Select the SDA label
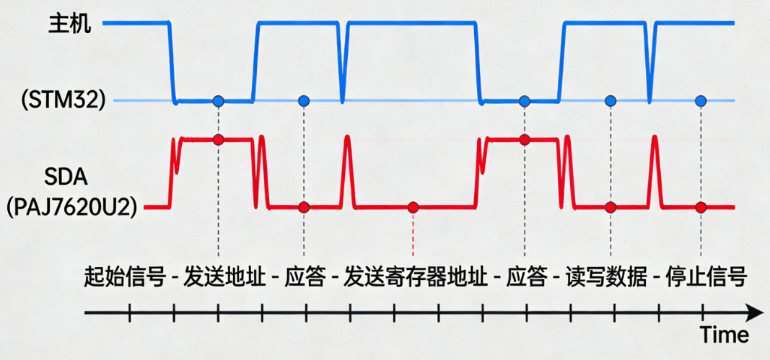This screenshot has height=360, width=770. tap(64, 176)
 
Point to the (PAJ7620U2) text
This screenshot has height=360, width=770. tap(72, 207)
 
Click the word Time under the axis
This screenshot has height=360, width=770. tap(724, 335)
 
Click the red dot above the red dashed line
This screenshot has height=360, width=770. tap(413, 208)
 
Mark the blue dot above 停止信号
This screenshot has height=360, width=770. tap(699, 100)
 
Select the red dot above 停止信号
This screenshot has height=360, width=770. tap(700, 208)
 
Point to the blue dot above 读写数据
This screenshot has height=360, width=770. tap(611, 100)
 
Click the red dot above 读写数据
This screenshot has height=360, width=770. tap(611, 208)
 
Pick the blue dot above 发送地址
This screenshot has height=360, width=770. tap(219, 100)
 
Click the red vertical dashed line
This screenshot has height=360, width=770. tap(413, 234)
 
